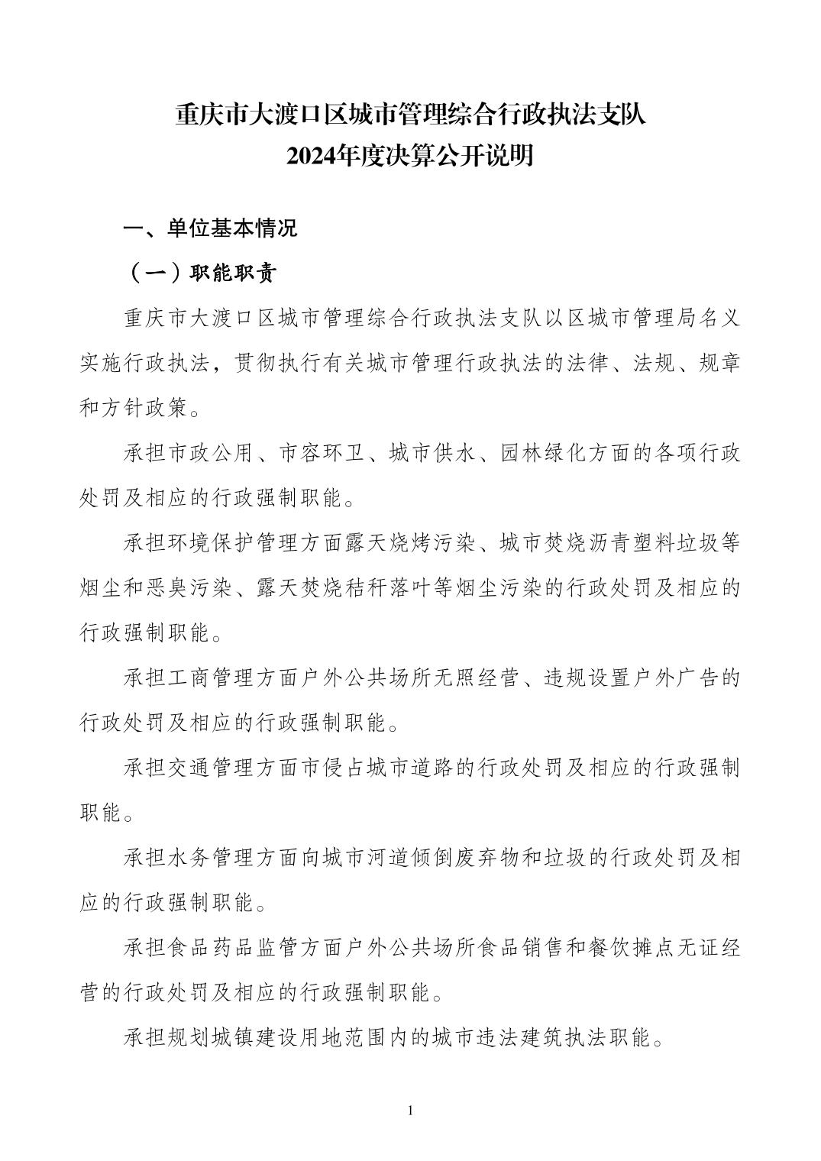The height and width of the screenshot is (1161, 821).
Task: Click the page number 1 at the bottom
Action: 411,1110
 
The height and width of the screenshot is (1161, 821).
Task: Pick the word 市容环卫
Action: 314,454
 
